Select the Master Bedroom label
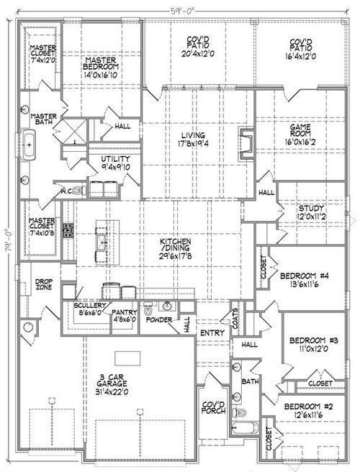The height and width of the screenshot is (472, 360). (x=102, y=68)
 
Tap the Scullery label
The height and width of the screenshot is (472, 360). (x=91, y=309)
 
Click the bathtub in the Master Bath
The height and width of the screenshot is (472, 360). (x=30, y=147)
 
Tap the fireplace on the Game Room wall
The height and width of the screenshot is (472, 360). (x=247, y=142)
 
